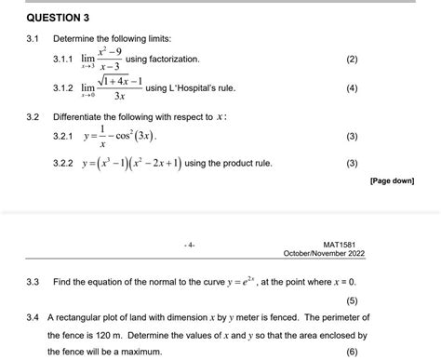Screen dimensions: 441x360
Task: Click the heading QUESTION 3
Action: (58, 18)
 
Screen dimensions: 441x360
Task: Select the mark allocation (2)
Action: (351, 60)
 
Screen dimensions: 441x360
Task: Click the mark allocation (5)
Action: (351, 300)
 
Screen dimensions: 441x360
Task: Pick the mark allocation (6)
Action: (351, 353)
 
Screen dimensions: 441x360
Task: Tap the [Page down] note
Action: (392, 181)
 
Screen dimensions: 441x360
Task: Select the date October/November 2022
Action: (325, 252)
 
